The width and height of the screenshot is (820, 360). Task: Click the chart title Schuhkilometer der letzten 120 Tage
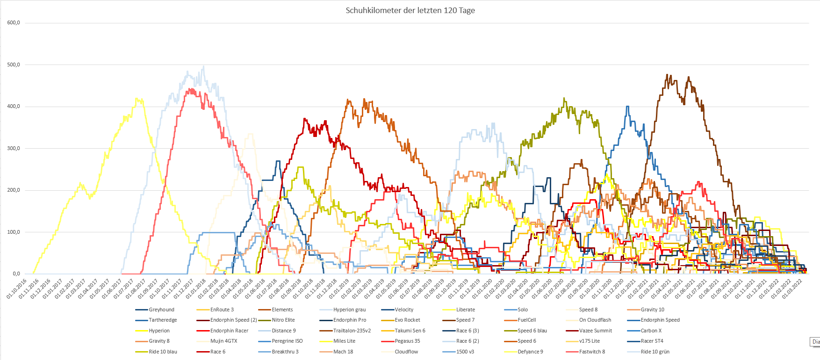click(410, 10)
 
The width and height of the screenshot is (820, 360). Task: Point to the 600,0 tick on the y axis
click(14, 22)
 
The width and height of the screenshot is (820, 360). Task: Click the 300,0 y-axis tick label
click(14, 148)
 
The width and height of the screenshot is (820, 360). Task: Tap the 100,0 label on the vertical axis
click(14, 232)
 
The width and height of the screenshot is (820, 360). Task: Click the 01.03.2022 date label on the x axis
click(793, 288)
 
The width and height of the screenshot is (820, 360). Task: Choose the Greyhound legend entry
click(161, 310)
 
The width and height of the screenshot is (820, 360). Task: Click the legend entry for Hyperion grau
click(349, 310)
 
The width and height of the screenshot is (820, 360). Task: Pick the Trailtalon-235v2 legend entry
click(352, 331)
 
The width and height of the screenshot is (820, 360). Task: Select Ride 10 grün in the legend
click(655, 352)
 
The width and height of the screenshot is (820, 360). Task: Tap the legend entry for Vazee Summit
click(595, 331)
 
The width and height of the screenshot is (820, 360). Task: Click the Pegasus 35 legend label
click(407, 341)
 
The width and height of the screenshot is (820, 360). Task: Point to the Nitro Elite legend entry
click(283, 320)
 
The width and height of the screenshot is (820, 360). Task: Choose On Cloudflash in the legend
click(595, 320)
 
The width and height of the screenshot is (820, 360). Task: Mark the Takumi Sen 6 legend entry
click(410, 331)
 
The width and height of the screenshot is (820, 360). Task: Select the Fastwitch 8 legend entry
click(592, 352)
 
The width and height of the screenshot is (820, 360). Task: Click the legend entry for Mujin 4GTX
click(223, 341)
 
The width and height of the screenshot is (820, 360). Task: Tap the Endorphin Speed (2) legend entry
click(233, 320)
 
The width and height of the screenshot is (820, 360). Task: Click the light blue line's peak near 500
click(203, 66)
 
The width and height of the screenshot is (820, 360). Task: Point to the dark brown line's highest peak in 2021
click(667, 74)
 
